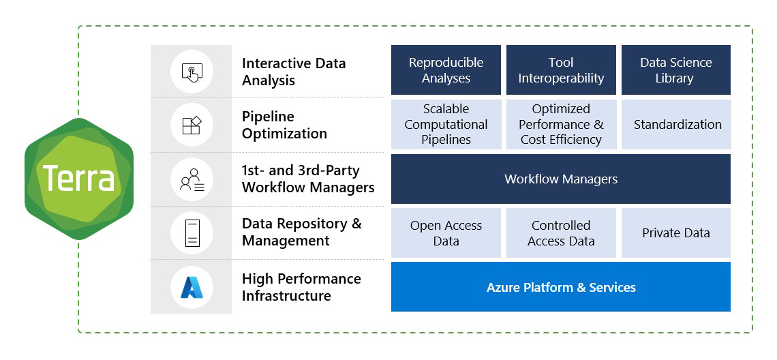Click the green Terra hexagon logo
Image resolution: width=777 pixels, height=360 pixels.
point(79,179)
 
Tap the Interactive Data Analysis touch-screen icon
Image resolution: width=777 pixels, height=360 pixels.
point(192,72)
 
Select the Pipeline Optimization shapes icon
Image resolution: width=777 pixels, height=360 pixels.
point(192,125)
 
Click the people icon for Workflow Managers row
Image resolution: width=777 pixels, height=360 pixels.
point(192,179)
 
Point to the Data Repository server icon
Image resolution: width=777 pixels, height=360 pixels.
point(192,233)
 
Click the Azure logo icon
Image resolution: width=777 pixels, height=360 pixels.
point(192,287)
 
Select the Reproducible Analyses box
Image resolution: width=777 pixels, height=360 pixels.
point(446,70)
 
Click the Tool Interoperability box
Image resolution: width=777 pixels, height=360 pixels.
point(561,70)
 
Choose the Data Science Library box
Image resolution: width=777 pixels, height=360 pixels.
point(675,70)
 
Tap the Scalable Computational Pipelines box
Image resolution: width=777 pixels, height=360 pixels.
point(446,124)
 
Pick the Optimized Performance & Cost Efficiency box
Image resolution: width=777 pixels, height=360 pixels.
point(561,124)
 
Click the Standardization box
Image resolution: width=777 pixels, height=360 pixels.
point(675,124)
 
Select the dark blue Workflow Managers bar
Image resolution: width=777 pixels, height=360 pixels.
point(561,179)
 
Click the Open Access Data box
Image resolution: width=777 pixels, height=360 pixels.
point(446,233)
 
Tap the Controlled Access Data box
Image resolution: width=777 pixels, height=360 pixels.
point(561,233)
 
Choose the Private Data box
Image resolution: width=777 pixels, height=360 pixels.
point(675,233)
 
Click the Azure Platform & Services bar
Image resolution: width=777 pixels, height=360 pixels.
point(561,287)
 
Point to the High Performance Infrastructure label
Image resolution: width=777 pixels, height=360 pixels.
point(301,287)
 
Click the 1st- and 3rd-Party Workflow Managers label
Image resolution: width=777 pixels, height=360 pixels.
point(308,179)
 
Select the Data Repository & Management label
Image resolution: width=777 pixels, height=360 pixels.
point(301,232)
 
